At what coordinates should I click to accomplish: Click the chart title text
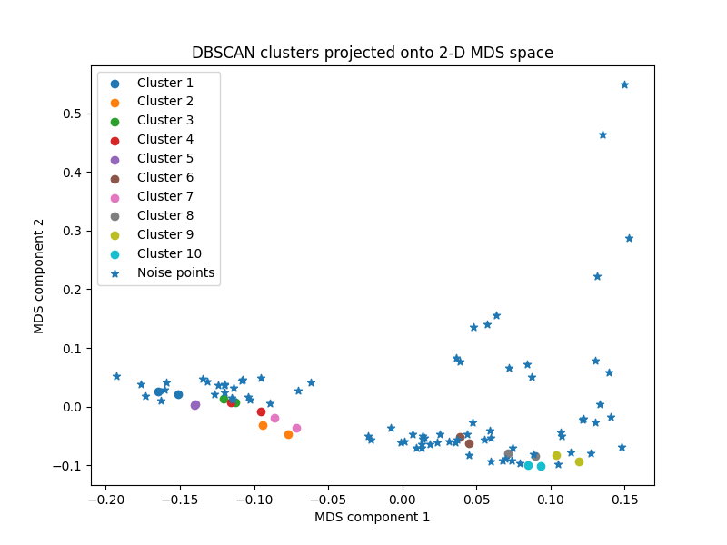tap(372, 53)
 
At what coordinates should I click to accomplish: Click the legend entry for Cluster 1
tap(164, 83)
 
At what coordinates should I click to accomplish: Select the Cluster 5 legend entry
tap(164, 158)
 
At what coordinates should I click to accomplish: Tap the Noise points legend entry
tap(175, 272)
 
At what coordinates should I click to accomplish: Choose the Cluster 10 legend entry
tap(169, 253)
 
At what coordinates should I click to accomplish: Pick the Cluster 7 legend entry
tap(164, 196)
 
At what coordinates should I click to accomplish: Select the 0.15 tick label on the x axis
tap(624, 499)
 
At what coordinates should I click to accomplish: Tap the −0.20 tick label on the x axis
tap(105, 499)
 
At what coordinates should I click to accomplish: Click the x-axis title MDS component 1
tap(372, 517)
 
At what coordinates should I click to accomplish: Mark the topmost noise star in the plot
tap(624, 84)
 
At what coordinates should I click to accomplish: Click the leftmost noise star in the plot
tap(116, 376)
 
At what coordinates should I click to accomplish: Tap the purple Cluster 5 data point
tap(195, 405)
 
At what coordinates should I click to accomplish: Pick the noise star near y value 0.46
tap(603, 134)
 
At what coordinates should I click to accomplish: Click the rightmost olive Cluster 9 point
tap(579, 461)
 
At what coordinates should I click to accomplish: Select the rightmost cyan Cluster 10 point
tap(541, 466)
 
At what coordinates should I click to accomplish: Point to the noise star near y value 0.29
tap(629, 238)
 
